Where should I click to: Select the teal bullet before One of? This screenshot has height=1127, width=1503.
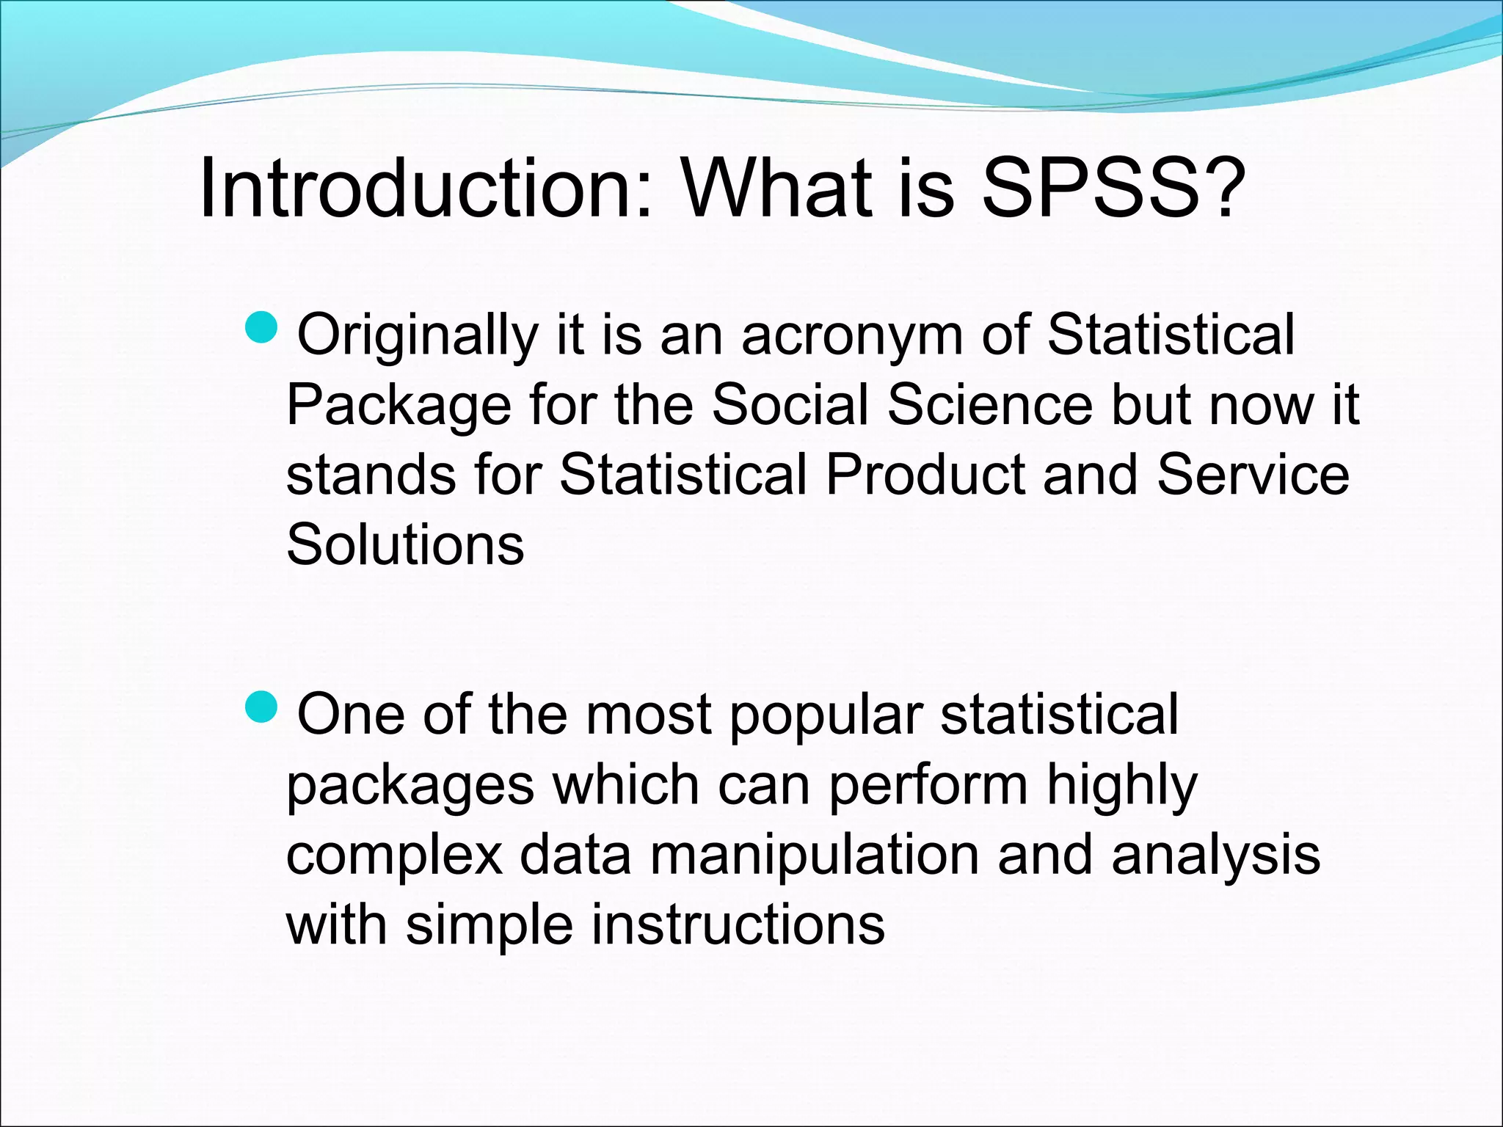[261, 707]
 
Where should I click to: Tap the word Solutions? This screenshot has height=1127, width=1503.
[405, 545]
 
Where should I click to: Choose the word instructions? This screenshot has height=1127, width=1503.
[738, 925]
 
